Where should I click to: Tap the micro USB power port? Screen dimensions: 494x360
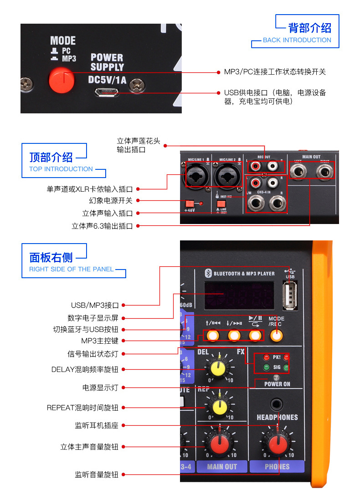[x=107, y=93]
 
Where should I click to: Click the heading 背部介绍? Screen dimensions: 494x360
[x=309, y=28]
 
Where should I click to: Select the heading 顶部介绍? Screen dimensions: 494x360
[x=51, y=158]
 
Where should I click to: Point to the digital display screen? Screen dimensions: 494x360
[x=239, y=296]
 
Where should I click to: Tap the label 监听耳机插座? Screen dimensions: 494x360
[x=97, y=426]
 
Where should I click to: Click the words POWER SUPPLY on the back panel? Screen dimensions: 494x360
[x=107, y=62]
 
